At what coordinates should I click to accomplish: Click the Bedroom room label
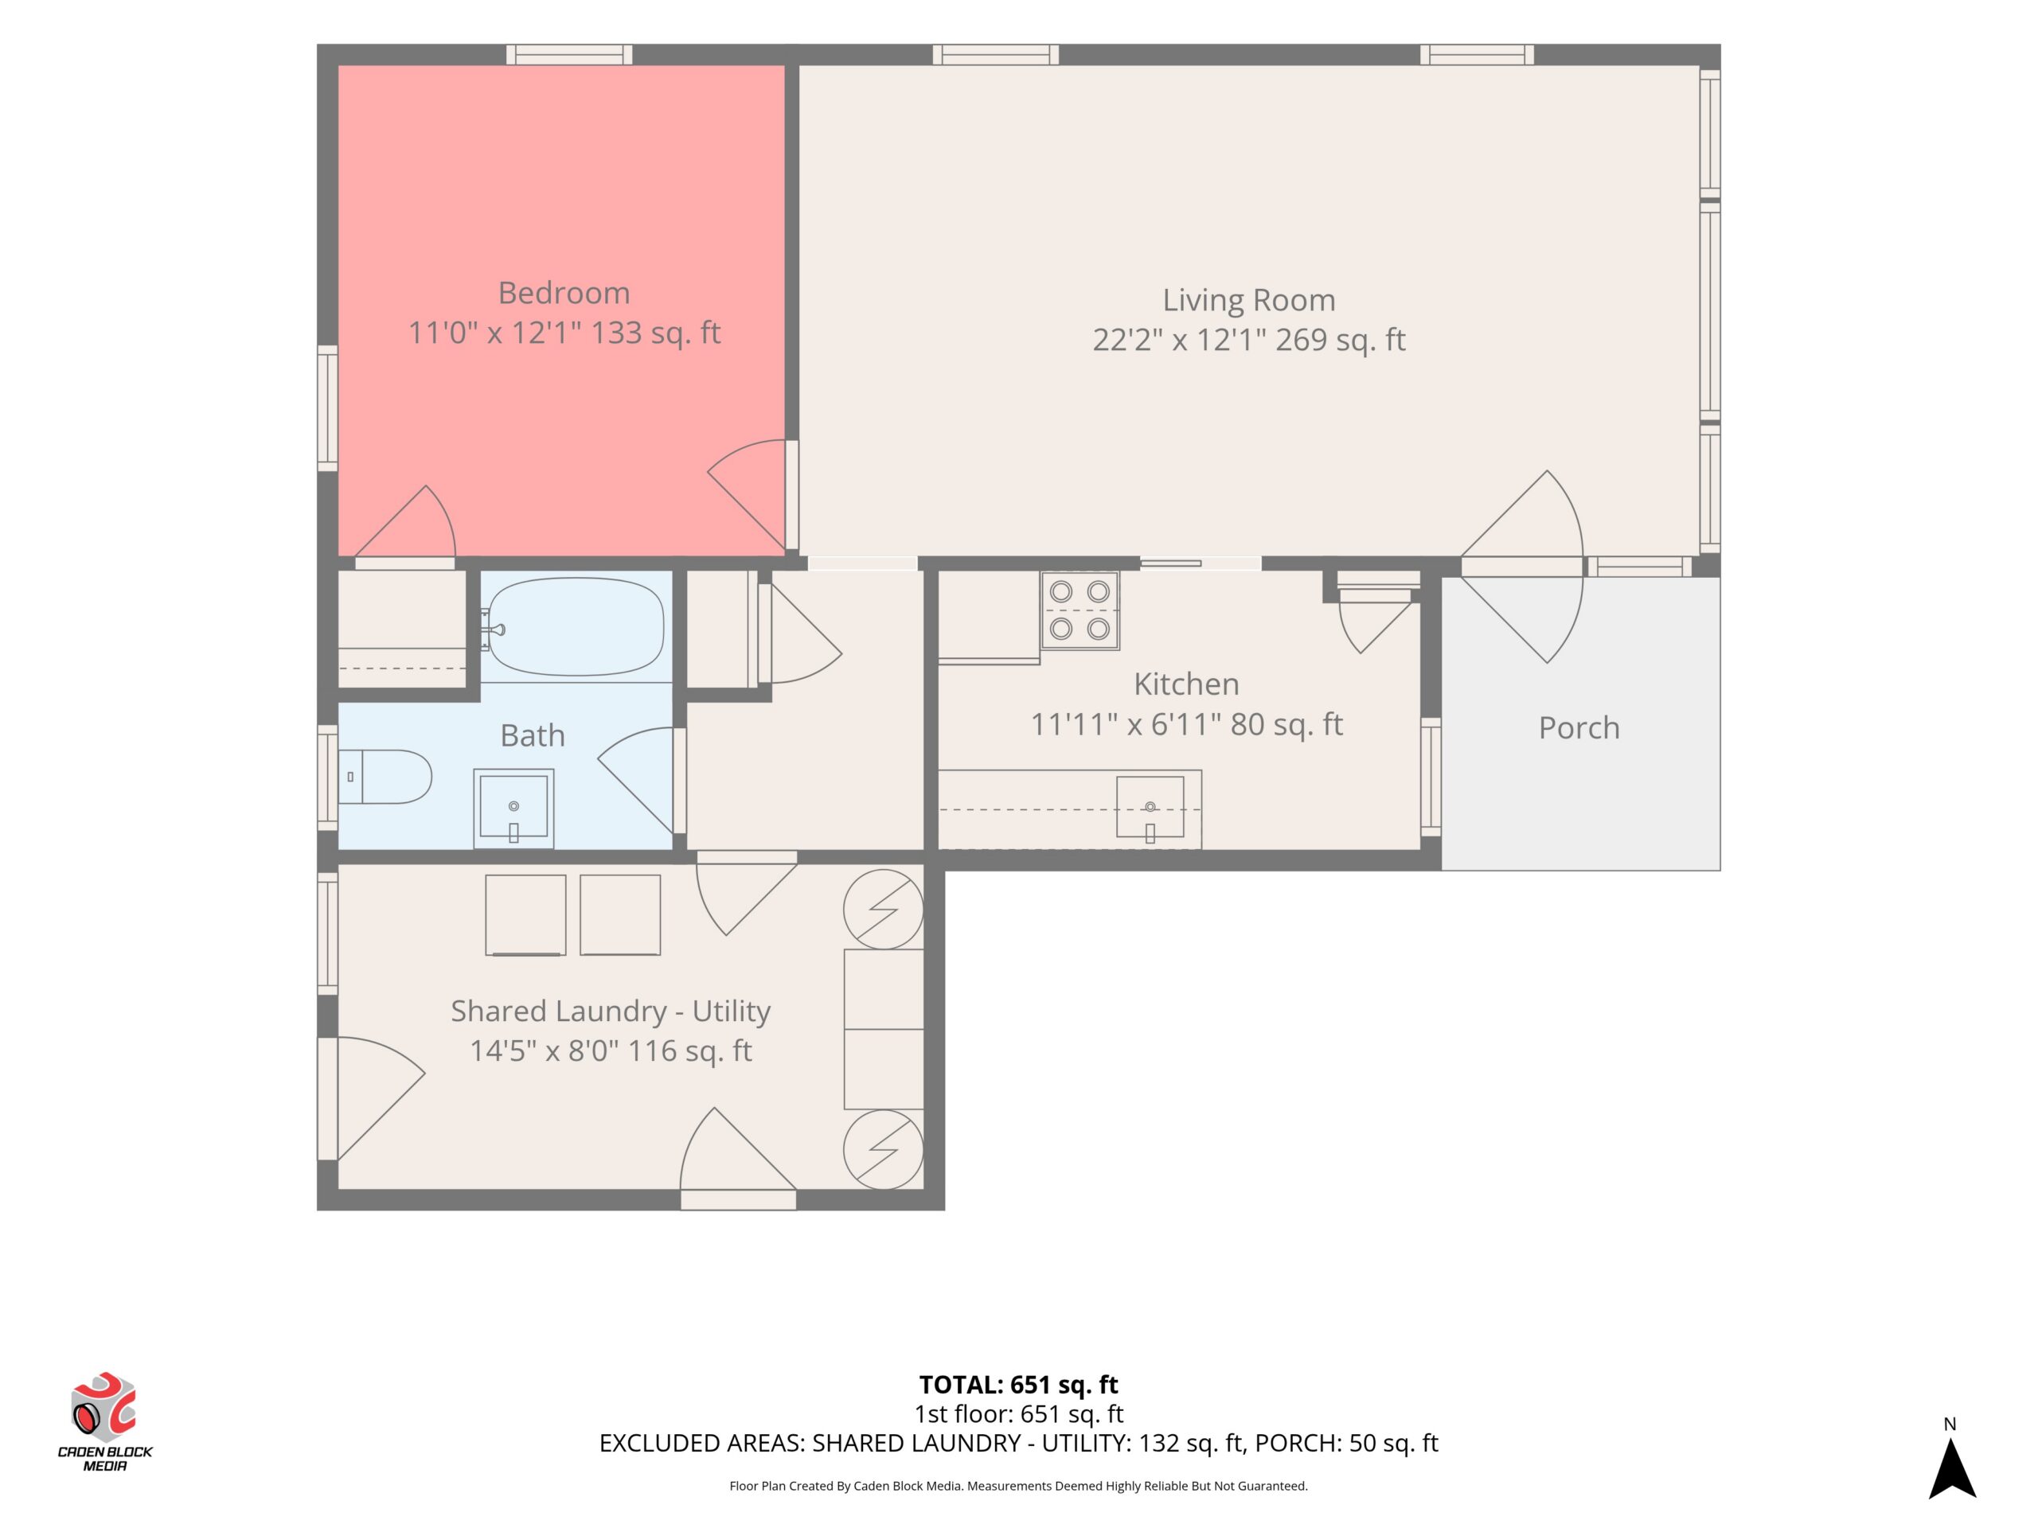pos(564,293)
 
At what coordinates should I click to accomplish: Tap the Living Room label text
pos(1248,300)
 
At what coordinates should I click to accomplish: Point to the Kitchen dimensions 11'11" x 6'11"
pos(1126,725)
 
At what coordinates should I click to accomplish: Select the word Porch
pos(1578,728)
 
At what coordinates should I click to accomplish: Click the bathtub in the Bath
pos(575,626)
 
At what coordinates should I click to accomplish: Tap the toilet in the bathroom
pos(385,777)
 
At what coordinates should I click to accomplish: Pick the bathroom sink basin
pos(513,808)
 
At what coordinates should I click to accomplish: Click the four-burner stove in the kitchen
pos(1080,610)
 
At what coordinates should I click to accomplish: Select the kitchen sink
pos(1150,808)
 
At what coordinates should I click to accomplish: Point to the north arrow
pos(1952,1468)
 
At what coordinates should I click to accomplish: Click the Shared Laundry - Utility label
pos(610,1011)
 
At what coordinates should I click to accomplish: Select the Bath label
pos(532,735)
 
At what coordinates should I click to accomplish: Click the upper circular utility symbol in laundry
pos(884,909)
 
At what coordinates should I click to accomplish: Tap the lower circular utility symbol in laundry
pos(884,1148)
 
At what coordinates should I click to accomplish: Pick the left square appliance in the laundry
pos(525,914)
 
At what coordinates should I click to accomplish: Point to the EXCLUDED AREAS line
pos(1018,1444)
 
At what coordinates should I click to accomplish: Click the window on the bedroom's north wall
pos(569,54)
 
